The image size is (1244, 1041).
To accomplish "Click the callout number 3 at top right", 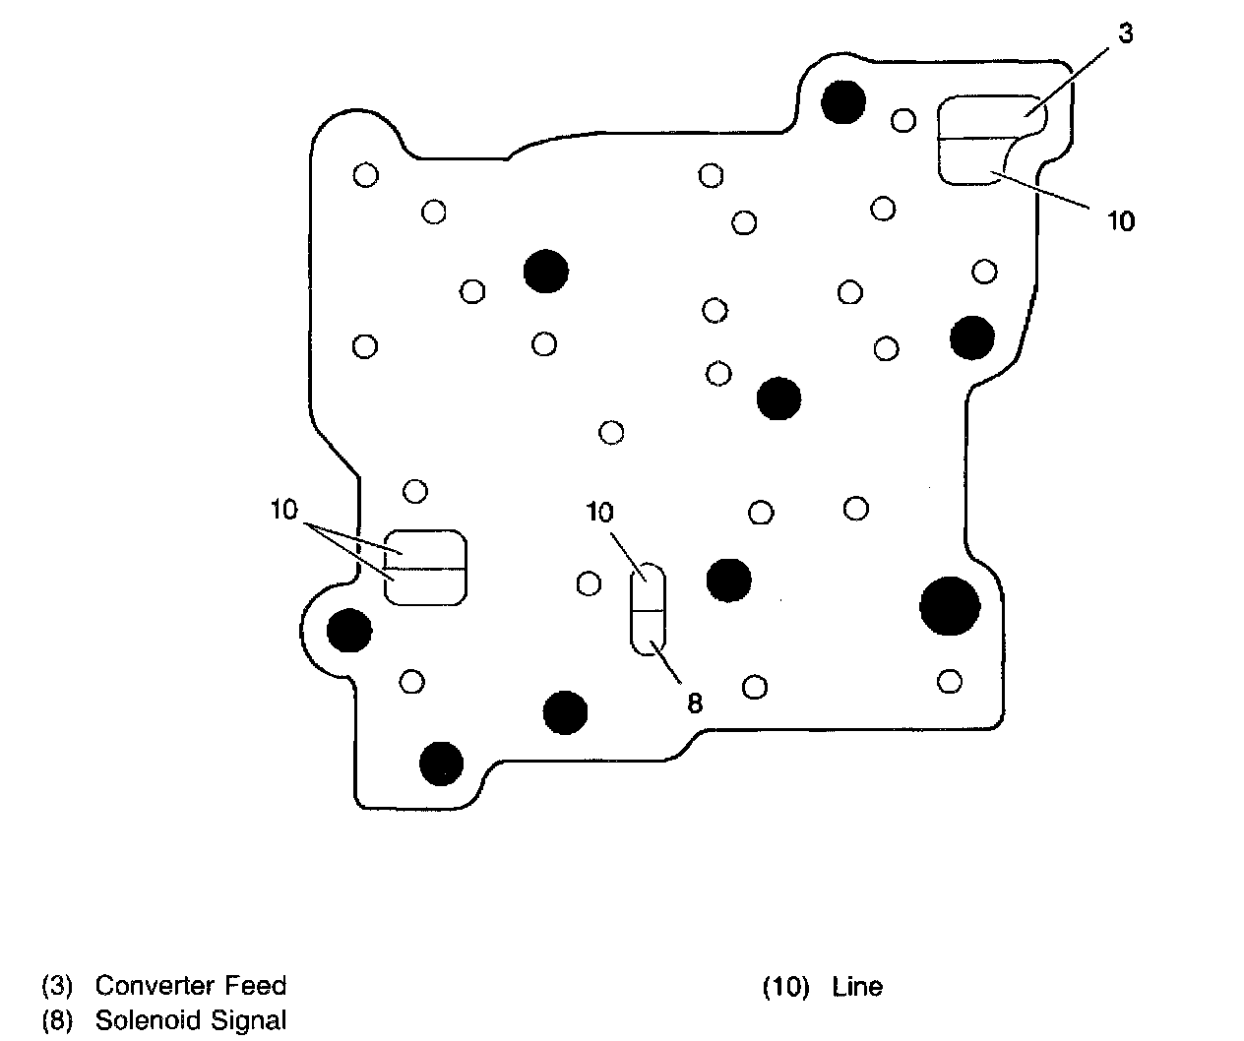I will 1125,34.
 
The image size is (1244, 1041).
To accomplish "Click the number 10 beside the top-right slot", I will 1120,221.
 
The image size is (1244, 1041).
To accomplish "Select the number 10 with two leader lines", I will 284,510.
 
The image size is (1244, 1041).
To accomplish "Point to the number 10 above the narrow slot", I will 599,512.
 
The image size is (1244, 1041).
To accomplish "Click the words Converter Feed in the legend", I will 190,985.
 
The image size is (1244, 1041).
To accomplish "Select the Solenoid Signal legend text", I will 190,1019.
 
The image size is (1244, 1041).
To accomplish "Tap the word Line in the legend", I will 856,986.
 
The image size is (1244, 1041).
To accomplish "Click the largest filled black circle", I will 949,605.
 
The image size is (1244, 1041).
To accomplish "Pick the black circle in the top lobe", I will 842,101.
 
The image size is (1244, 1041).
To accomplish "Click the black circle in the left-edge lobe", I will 349,630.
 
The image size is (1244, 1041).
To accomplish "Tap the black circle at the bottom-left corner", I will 441,762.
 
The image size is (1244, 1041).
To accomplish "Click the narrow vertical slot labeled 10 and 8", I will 648,610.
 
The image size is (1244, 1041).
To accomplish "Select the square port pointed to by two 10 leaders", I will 424,568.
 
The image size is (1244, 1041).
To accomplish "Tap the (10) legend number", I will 785,986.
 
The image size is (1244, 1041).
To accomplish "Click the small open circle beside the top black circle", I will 903,120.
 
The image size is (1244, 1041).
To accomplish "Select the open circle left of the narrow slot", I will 589,583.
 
